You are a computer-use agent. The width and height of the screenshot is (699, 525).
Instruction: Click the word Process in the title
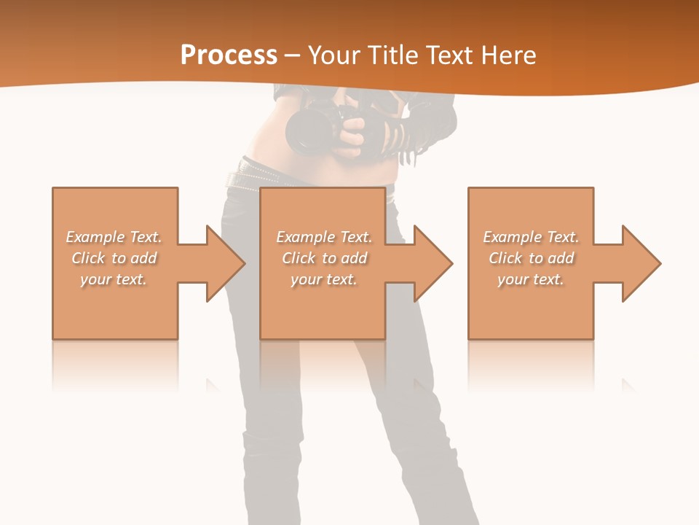coord(229,55)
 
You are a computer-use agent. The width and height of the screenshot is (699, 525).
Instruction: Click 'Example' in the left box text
coord(95,237)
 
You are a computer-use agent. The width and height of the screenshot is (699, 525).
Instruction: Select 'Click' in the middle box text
coord(298,258)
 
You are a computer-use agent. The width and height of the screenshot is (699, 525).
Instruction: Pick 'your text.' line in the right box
coord(531,279)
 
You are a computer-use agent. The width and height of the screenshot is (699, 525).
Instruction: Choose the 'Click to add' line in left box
coord(114,258)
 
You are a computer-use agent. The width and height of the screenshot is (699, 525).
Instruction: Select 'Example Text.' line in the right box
coord(531,237)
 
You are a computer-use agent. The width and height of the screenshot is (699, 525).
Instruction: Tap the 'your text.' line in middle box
coord(323,279)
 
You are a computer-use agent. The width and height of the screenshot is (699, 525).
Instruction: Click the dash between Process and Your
coord(292,55)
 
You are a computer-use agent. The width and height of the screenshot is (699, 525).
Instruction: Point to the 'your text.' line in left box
coord(114,279)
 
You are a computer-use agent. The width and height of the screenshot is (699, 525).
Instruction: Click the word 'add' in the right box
coord(561,258)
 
